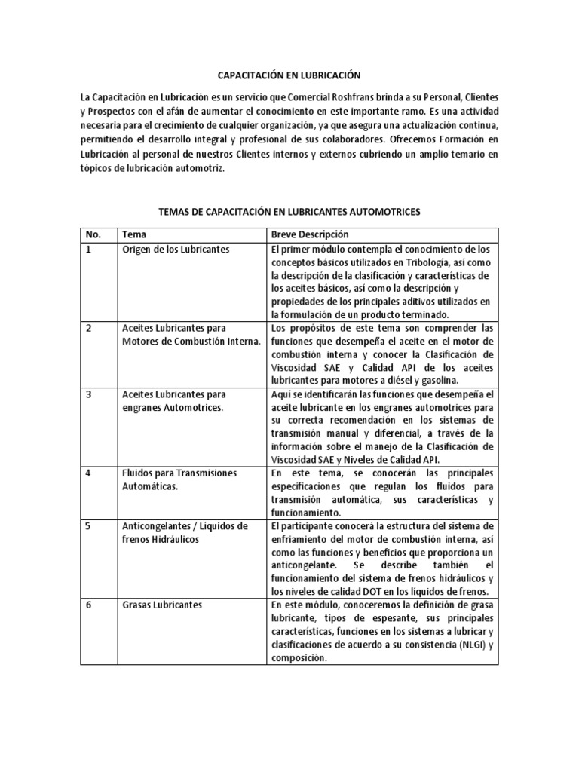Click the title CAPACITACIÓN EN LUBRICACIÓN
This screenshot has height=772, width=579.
tap(289, 75)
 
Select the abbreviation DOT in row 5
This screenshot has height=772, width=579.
tap(361, 591)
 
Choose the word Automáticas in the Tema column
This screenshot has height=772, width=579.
tap(150, 486)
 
